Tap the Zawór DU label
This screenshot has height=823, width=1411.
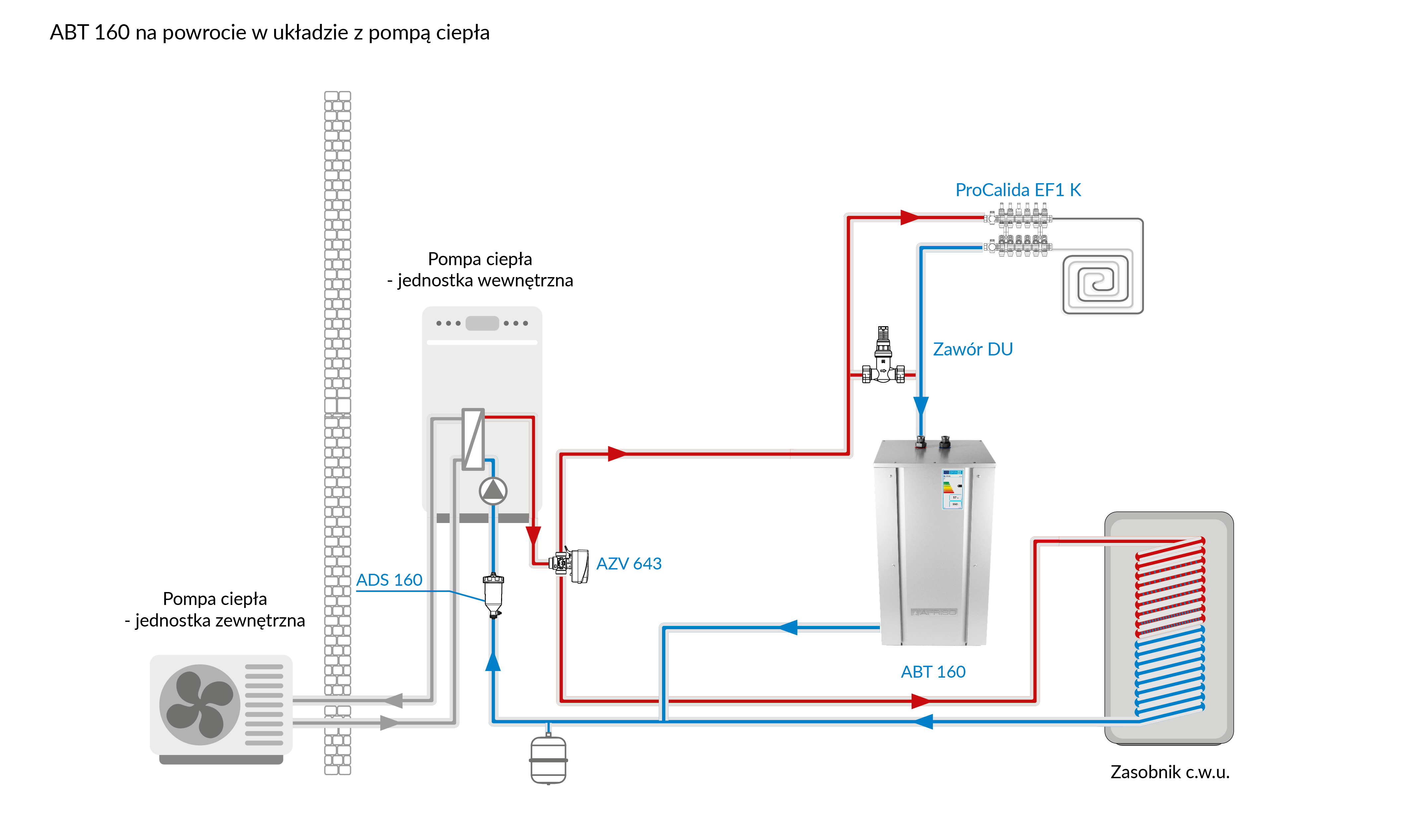[973, 349]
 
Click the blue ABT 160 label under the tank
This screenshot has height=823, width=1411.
[933, 671]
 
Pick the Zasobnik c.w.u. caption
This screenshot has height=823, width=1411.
[1170, 772]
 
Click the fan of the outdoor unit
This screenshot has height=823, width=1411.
[199, 704]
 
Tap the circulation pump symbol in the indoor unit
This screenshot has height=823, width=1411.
[493, 491]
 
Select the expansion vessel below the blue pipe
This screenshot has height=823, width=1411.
[548, 760]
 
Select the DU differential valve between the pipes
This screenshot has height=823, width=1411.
[883, 358]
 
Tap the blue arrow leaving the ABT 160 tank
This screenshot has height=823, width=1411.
[788, 628]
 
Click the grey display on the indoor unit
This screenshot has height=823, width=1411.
[482, 323]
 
